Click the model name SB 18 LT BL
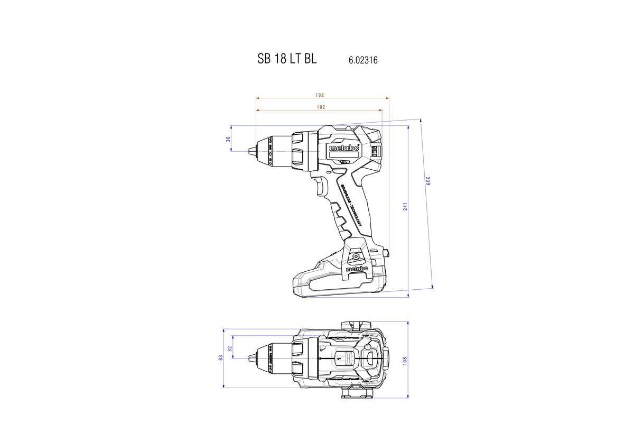287,59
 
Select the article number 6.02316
363,61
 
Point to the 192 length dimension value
320,95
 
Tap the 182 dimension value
321,107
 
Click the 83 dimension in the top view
221,358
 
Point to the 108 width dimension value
405,360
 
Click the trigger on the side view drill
321,186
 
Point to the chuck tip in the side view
251,151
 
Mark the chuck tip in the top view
251,358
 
